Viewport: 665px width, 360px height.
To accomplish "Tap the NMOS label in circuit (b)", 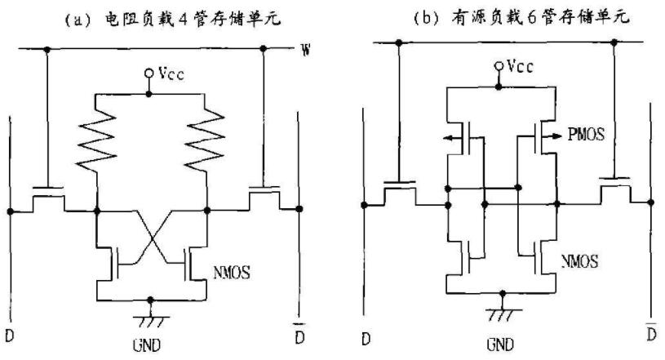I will pos(579,262).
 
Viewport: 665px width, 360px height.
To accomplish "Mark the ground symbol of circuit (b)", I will pos(499,312).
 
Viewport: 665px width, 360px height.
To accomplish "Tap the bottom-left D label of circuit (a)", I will pos(10,335).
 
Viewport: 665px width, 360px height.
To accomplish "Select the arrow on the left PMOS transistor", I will pos(449,138).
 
